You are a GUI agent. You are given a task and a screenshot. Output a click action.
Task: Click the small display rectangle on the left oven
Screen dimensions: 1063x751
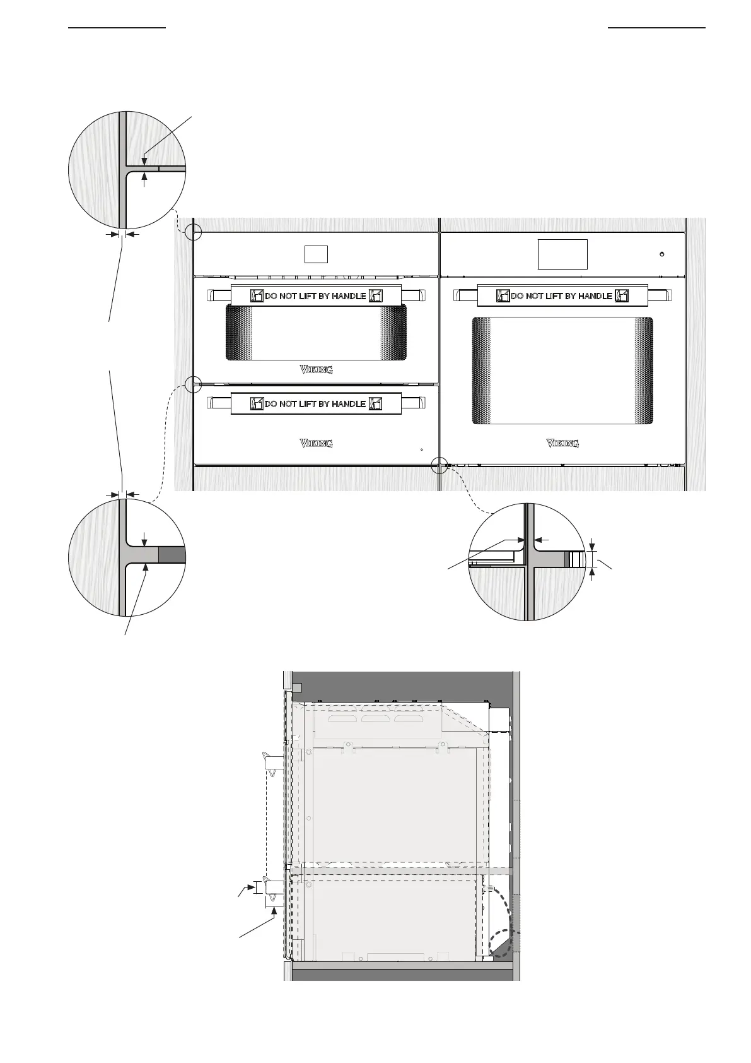(316, 254)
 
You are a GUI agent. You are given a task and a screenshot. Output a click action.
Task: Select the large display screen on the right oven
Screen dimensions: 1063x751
(562, 254)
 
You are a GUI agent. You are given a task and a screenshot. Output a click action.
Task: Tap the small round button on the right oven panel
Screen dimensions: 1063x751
(661, 254)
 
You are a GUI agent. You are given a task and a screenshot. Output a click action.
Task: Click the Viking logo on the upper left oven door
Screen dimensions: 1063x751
(316, 370)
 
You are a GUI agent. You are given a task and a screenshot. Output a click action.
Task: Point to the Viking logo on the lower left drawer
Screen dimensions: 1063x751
(316, 444)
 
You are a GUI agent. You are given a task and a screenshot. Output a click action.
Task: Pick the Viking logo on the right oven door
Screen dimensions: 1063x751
(562, 444)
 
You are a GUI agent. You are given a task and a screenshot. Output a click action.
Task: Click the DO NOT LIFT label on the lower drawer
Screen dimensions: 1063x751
(316, 403)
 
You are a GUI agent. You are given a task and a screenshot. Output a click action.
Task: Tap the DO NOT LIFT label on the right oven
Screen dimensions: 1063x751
(562, 295)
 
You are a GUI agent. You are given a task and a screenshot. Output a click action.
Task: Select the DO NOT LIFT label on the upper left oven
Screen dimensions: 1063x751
(316, 295)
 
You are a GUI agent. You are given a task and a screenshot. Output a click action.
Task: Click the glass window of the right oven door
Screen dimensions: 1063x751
(562, 371)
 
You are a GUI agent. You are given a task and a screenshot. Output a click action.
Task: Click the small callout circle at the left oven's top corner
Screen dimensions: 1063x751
(194, 232)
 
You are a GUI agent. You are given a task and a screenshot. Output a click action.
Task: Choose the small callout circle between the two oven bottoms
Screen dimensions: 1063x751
(439, 466)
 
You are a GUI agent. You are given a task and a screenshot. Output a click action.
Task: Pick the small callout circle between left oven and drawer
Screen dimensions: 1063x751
(193, 383)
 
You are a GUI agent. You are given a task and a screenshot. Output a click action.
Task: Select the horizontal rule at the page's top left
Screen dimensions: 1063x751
(117, 28)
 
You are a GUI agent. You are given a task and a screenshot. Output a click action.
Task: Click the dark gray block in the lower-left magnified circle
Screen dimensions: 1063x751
(172, 555)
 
